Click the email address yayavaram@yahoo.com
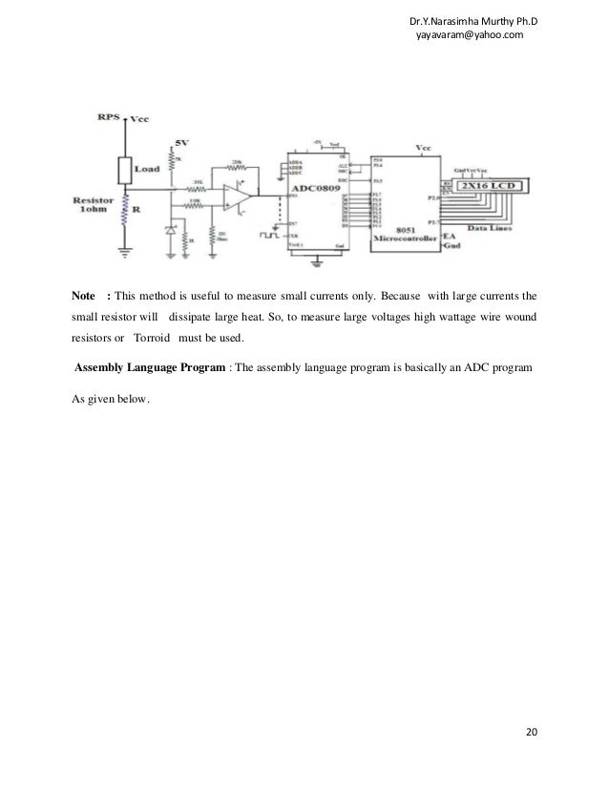(x=464, y=34)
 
